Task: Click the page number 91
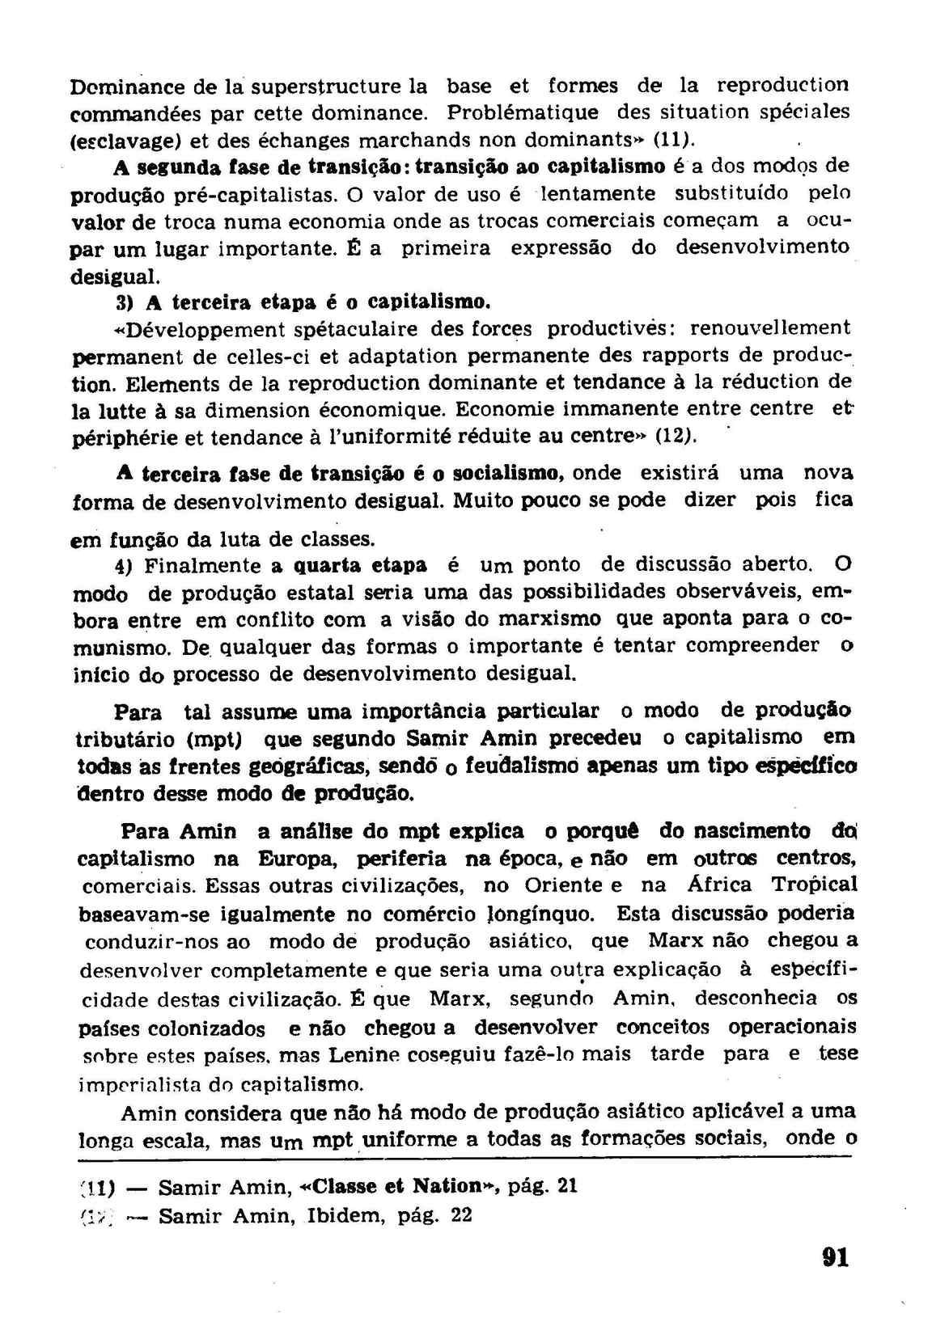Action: pos(833,1257)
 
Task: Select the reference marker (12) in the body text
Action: pos(676,436)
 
